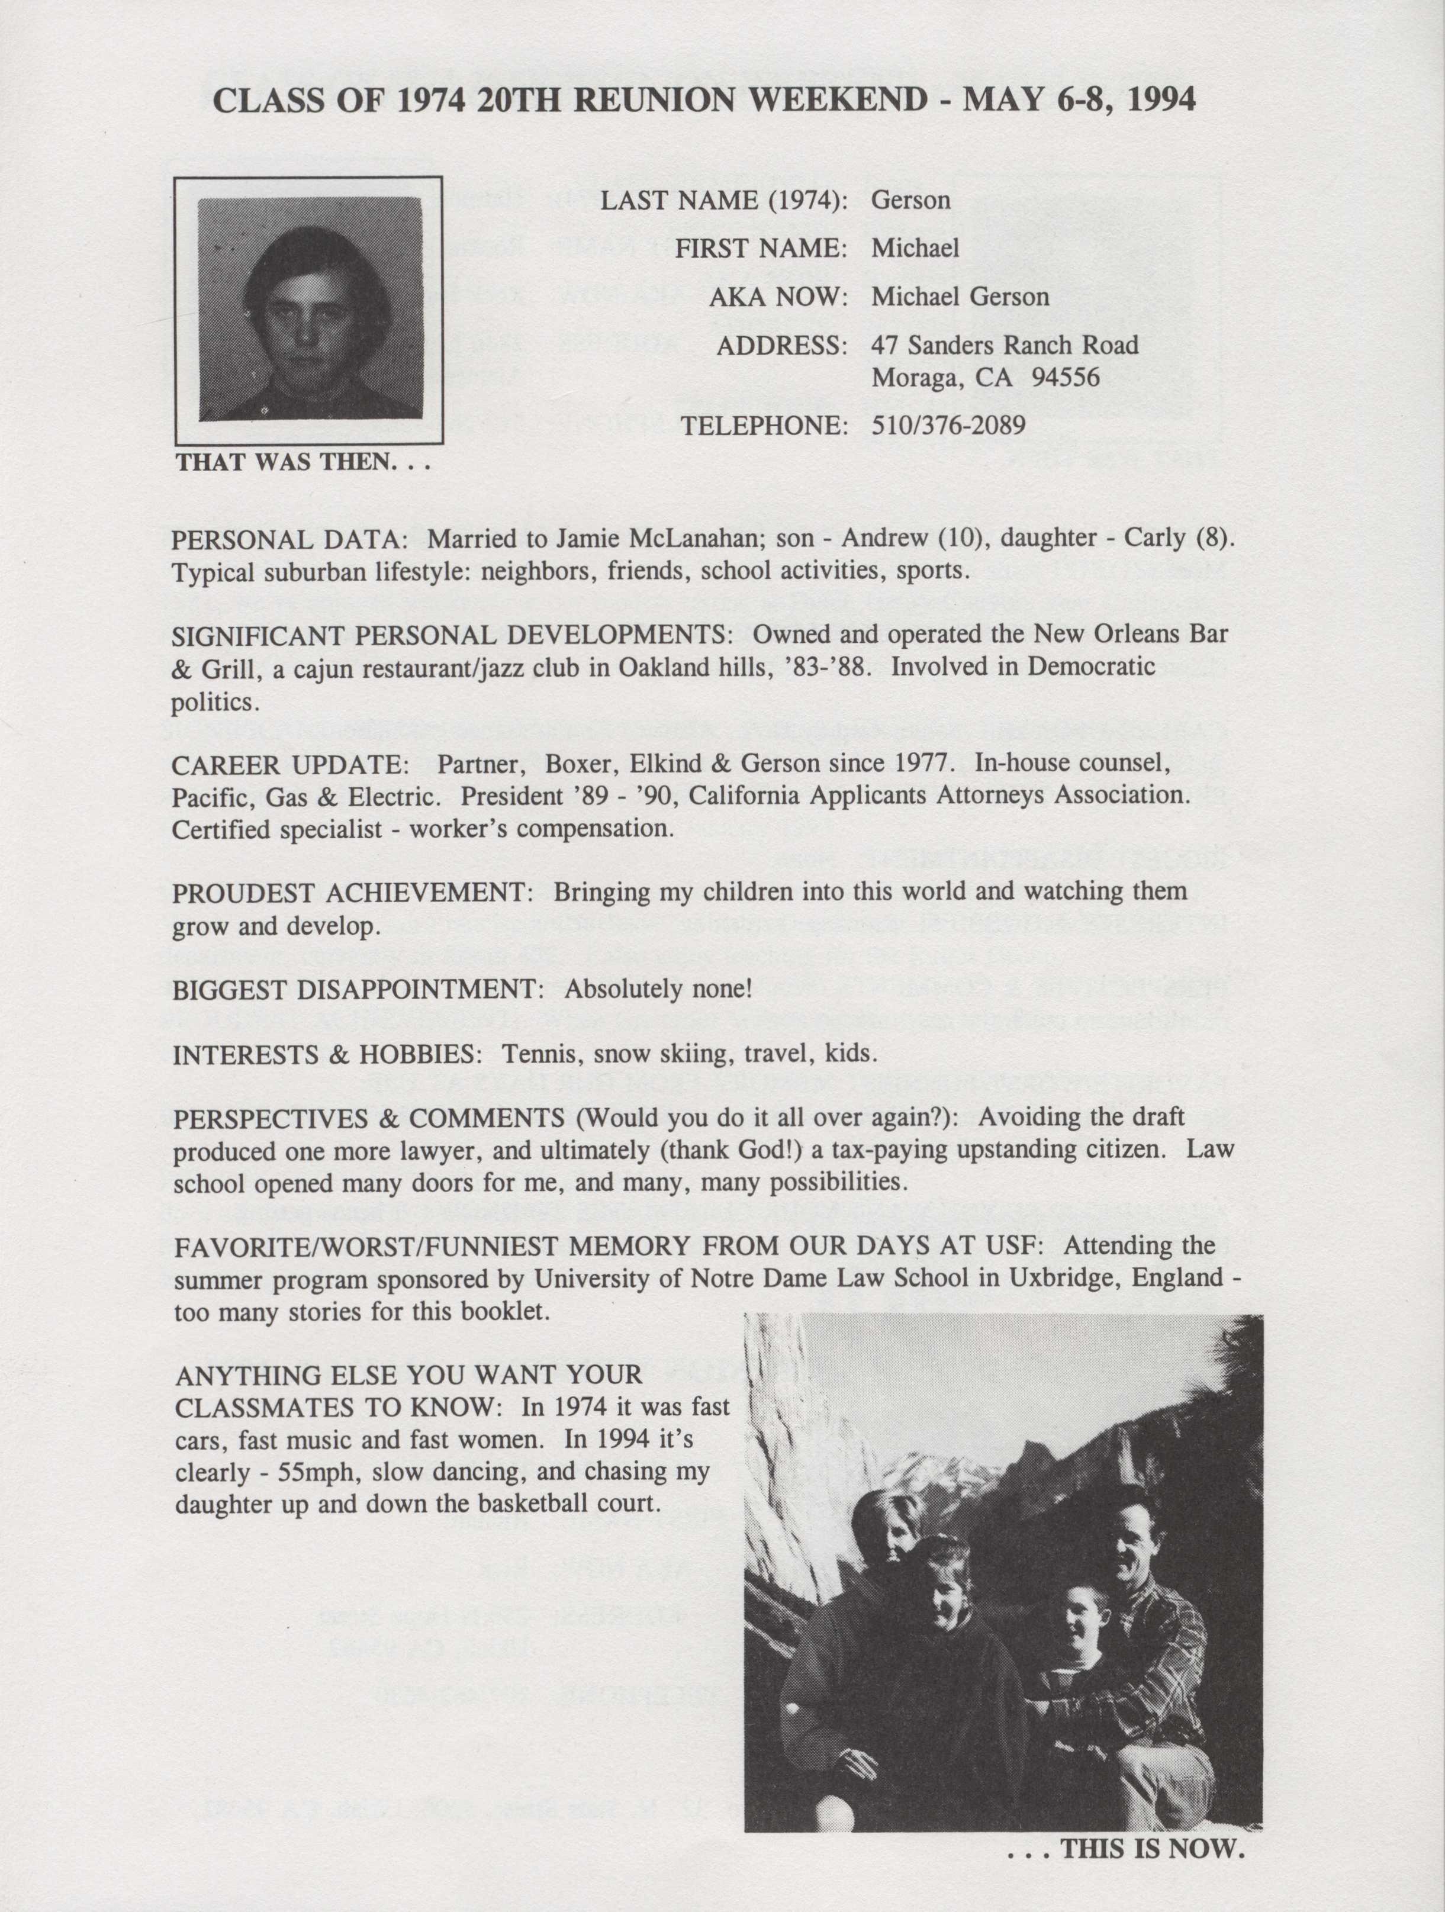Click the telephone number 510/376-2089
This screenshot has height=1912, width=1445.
click(x=948, y=425)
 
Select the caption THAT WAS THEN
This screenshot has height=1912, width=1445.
click(x=302, y=462)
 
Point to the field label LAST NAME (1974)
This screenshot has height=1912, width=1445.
click(x=723, y=201)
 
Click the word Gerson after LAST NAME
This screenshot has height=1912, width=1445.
click(x=910, y=201)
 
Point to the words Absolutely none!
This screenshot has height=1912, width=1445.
click(x=658, y=989)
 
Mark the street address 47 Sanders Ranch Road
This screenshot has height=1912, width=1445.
click(x=1004, y=345)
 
